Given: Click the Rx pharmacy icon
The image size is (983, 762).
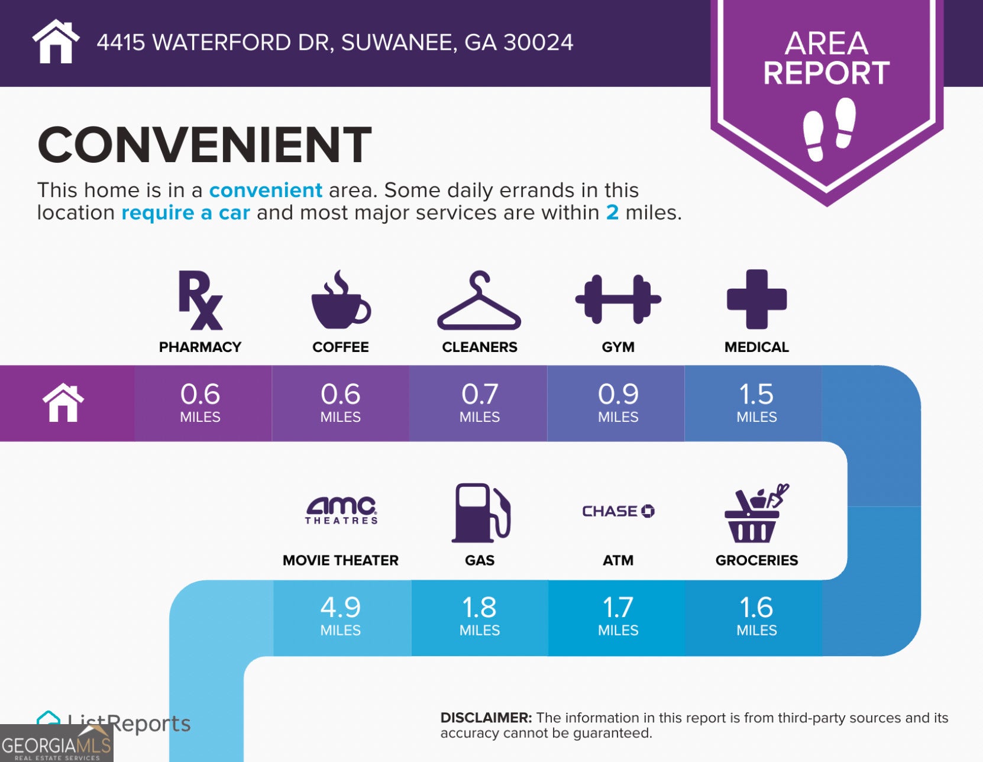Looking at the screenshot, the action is [199, 300].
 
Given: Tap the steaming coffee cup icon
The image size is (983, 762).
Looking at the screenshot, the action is [341, 299].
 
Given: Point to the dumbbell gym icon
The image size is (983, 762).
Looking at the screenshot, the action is [618, 299].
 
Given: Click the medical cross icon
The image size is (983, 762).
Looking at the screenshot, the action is [756, 299].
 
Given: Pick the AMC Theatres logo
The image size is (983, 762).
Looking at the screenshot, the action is [341, 511].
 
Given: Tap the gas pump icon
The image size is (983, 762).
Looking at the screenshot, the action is [481, 513].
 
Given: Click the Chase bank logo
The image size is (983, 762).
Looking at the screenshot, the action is [618, 511].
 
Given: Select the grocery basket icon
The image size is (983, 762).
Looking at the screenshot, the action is [756, 513].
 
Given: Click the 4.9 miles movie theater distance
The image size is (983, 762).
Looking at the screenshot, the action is [340, 615].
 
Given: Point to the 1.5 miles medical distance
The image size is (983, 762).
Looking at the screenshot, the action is [756, 402].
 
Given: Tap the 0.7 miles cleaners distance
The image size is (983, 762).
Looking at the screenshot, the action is [480, 402].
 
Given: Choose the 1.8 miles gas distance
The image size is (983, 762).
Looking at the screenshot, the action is [480, 615].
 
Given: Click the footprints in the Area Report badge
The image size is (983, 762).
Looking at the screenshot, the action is [829, 130].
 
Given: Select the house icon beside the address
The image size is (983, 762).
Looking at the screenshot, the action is [56, 41].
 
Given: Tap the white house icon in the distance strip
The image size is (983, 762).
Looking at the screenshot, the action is [63, 403].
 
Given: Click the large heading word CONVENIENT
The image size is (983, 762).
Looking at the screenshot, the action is [205, 144].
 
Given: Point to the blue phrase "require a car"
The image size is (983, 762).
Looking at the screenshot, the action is [186, 212].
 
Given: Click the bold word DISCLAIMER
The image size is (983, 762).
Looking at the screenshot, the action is [486, 718].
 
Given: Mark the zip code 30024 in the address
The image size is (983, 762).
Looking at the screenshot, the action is [538, 43].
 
